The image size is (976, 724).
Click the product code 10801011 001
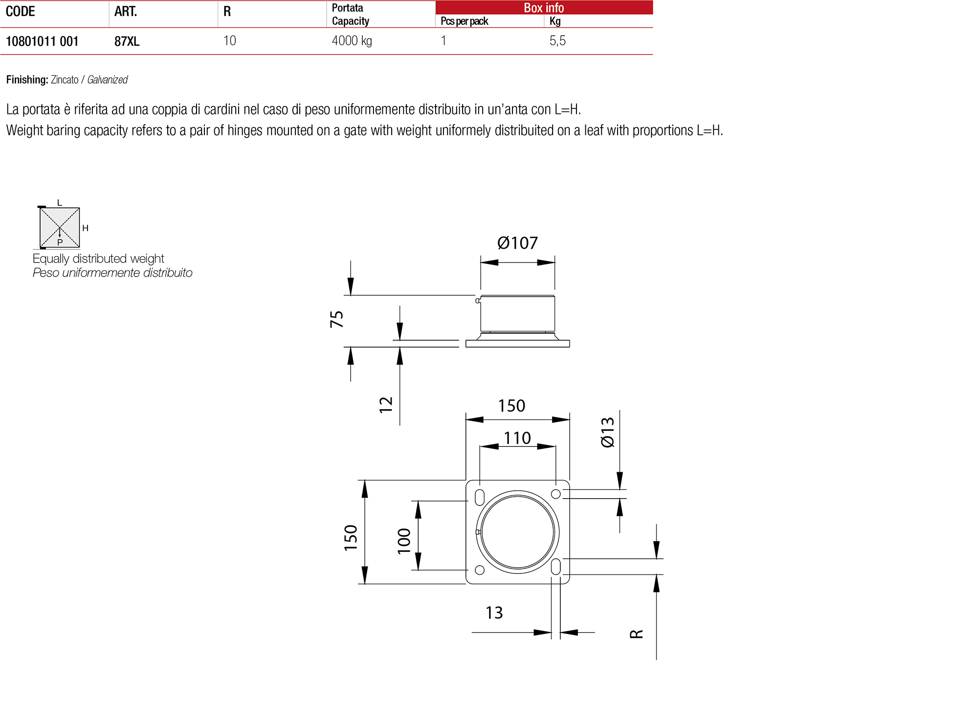[x=42, y=42]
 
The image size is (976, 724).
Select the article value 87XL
[x=127, y=42]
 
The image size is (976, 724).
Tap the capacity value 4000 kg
[x=352, y=41]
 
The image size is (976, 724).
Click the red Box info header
[x=543, y=8]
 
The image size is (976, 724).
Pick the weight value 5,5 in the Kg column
[x=557, y=41]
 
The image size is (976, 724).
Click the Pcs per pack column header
[x=464, y=21]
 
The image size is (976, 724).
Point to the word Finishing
[x=27, y=80]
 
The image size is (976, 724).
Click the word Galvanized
[x=107, y=80]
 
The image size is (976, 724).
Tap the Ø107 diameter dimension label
[x=517, y=243]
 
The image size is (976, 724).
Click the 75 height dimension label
[x=337, y=319]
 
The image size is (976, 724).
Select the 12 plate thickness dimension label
[x=386, y=404]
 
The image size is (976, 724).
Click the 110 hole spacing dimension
[x=517, y=438]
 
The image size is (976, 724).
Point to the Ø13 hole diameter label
[x=607, y=432]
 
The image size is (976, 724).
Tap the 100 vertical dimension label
[x=404, y=541]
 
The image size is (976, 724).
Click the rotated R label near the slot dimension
[x=636, y=634]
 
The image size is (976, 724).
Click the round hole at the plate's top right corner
[x=555, y=494]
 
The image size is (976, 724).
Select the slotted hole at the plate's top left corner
[x=480, y=498]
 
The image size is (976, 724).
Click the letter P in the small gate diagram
[x=60, y=242]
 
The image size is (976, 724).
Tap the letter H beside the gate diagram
[x=85, y=228]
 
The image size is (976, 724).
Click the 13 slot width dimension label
[x=494, y=613]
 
